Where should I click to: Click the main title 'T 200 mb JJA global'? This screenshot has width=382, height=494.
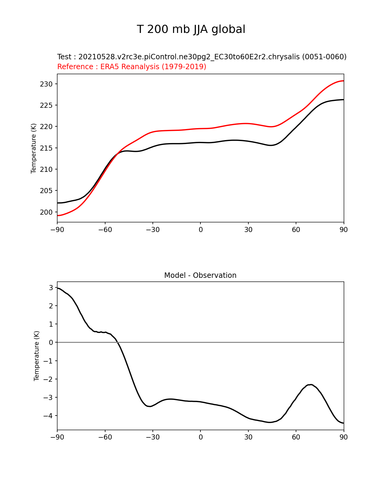pos(191,29)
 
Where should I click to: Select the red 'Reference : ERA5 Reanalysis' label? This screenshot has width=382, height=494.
pos(132,67)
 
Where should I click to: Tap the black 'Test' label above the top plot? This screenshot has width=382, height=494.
pos(202,57)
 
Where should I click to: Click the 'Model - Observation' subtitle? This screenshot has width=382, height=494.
pos(200,275)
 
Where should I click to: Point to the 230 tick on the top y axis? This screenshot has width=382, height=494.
pos(46,84)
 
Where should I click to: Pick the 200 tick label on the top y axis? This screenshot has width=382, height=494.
pos(46,212)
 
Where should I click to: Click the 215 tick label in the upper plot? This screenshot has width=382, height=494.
pos(46,148)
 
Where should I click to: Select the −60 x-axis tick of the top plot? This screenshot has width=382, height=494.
pos(105,230)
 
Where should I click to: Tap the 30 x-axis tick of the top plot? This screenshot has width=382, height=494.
pos(248,230)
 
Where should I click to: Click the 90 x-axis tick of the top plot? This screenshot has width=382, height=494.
pos(344,230)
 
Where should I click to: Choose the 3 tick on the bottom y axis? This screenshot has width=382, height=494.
pos(51,288)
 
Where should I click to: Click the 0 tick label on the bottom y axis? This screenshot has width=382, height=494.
pos(51,343)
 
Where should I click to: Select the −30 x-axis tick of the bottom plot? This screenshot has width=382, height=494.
pos(153,437)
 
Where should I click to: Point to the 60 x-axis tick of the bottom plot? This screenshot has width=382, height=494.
pos(296,437)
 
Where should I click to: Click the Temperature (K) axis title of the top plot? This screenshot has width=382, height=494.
pos(34,148)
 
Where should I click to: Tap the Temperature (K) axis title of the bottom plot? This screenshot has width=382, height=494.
pos(37,356)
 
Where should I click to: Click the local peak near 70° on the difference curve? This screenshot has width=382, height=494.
pos(311,384)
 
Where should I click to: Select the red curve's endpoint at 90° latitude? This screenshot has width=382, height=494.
pos(343,81)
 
